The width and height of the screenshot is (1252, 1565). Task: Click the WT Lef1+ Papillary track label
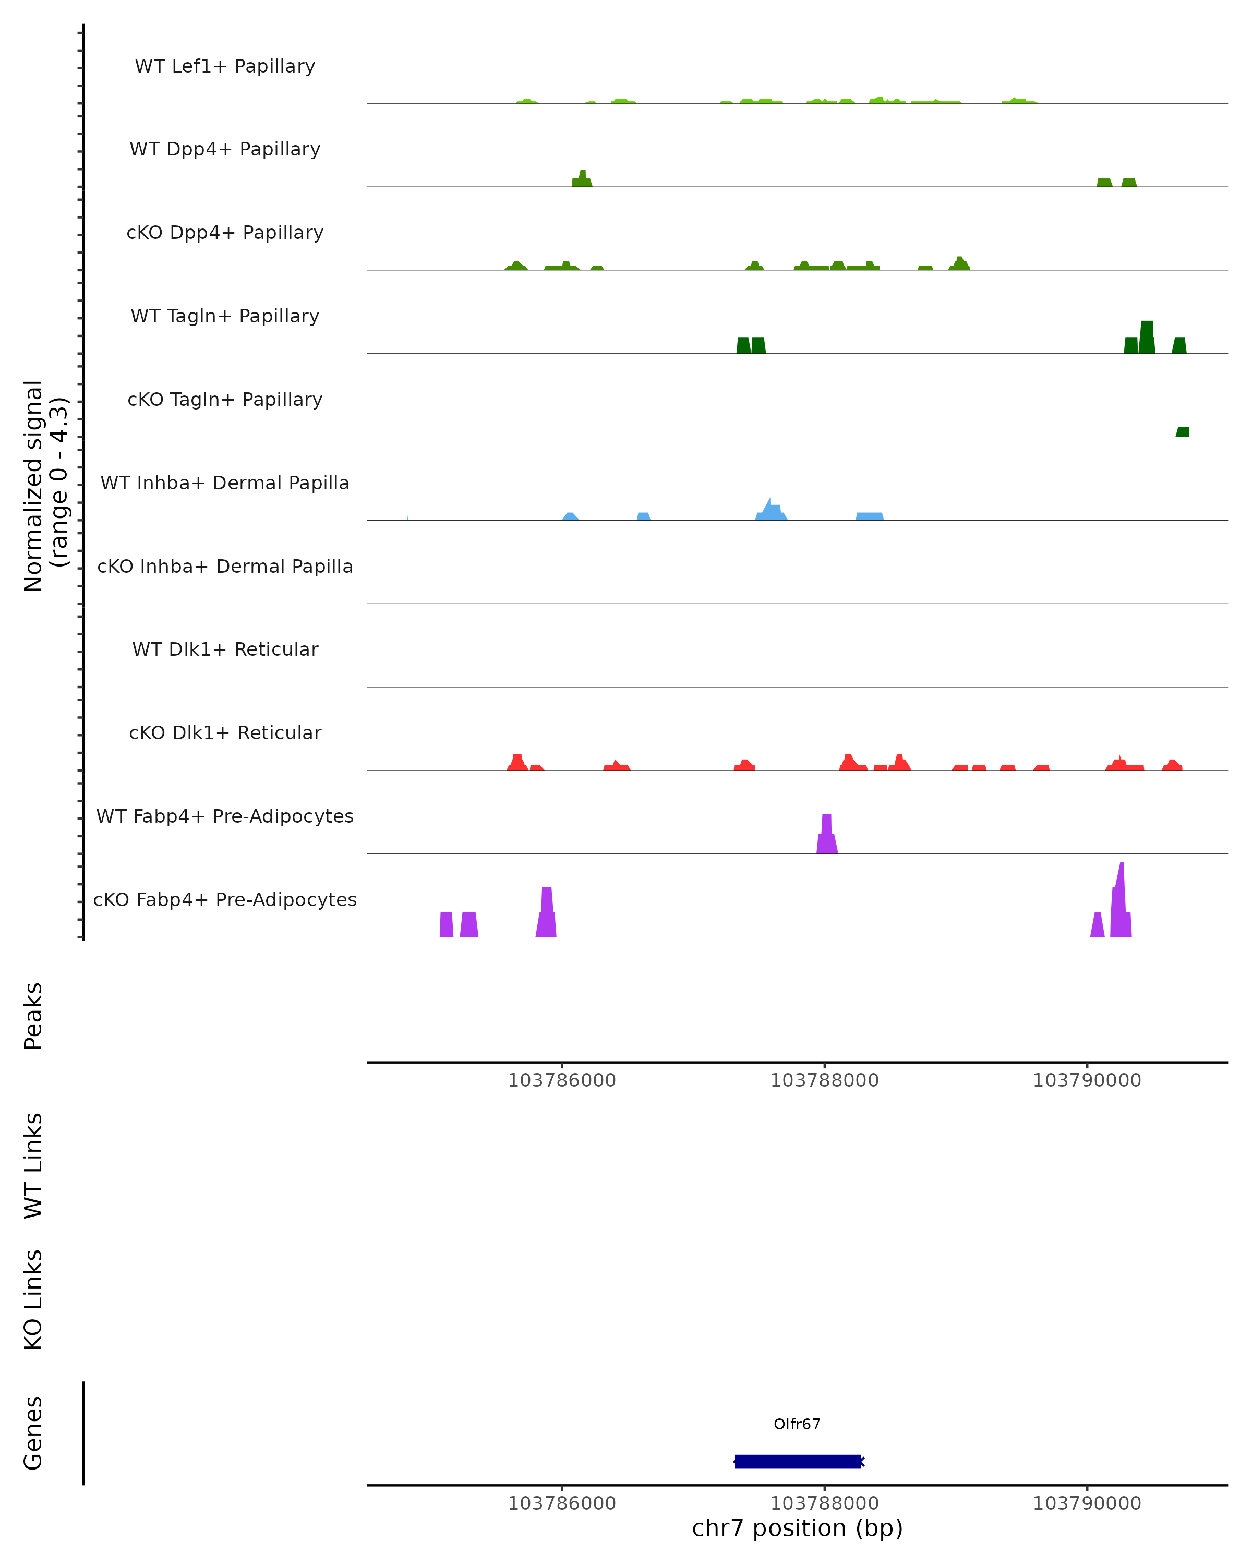225,66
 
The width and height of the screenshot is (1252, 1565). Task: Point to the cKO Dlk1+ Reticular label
225,732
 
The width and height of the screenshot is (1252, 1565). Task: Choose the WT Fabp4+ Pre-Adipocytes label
225,816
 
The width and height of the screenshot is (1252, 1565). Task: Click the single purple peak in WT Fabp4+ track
827,835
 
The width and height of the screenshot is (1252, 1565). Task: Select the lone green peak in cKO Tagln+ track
1182,432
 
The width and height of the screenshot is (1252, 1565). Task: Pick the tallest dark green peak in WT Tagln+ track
1147,338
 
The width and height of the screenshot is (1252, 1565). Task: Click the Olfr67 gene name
797,1424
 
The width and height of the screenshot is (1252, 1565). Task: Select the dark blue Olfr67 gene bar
797,1461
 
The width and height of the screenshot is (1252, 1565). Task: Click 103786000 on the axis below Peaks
562,1080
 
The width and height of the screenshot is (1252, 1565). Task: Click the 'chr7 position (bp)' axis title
797,1528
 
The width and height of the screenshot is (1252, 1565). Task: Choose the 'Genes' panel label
33,1433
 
